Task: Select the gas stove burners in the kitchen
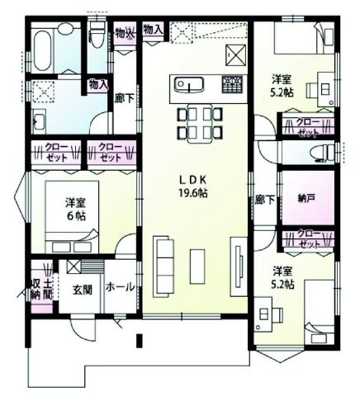[x=232, y=83]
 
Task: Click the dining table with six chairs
[x=196, y=121]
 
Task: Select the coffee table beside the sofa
[x=197, y=265]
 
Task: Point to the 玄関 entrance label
[x=82, y=290]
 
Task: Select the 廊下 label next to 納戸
[x=264, y=199]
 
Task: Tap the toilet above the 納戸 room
[x=324, y=152]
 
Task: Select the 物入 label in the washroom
[x=98, y=84]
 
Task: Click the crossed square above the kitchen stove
[x=235, y=54]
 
